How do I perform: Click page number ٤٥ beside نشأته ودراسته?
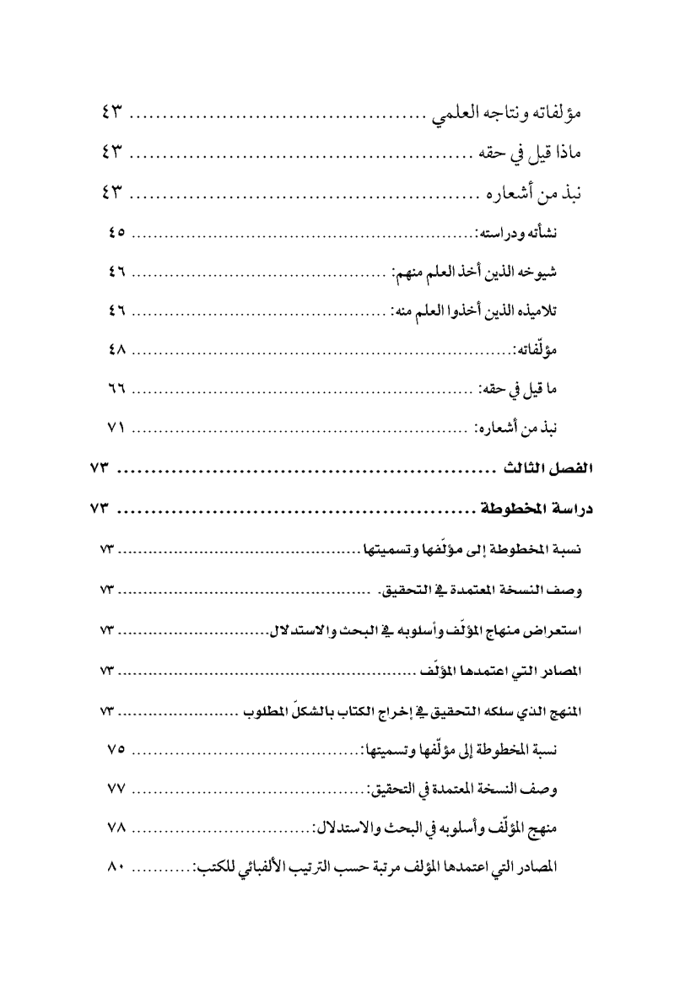116,232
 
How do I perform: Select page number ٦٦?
116,390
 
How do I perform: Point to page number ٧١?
116,429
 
